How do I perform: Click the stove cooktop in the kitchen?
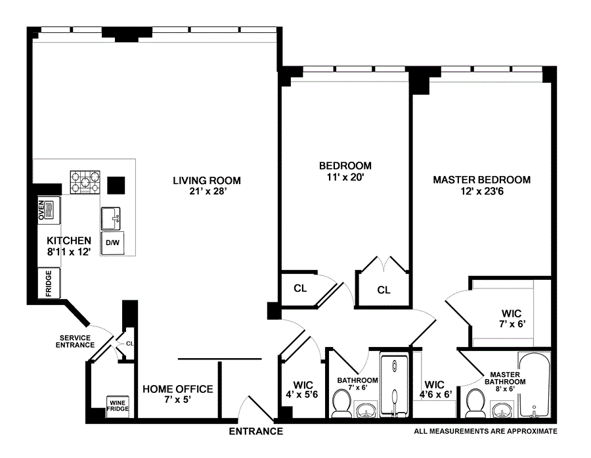click(x=85, y=182)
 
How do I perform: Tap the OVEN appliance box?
click(x=49, y=210)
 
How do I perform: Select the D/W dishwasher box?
click(x=112, y=243)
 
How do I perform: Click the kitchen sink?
click(x=111, y=218)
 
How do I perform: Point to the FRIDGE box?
click(x=49, y=283)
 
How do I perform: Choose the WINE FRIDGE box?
click(x=118, y=406)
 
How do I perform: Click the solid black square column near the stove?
click(x=116, y=185)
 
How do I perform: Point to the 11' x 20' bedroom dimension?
click(x=345, y=177)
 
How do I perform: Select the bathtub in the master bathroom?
click(x=534, y=385)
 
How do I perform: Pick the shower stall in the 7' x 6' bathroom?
click(x=394, y=385)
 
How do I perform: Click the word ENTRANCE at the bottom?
click(x=256, y=431)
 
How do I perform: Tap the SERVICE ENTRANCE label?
click(x=75, y=342)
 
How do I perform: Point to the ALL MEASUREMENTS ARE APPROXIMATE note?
click(x=485, y=431)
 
